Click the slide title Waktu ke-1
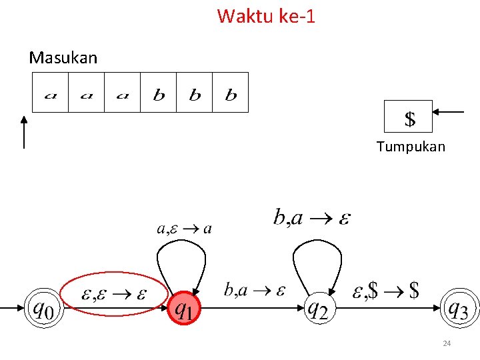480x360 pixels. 265,15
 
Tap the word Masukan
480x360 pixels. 63,58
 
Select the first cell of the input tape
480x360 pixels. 51,93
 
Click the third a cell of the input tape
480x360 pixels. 123,93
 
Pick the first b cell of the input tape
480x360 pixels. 159,93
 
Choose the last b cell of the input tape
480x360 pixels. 231,93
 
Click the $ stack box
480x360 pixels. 409,117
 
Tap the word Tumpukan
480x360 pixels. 411,147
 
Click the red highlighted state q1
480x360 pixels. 185,309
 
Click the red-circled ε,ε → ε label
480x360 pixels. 113,295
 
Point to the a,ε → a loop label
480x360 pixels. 185,229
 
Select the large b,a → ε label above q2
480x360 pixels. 312,217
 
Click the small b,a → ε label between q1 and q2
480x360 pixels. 255,290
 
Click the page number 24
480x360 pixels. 447,343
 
